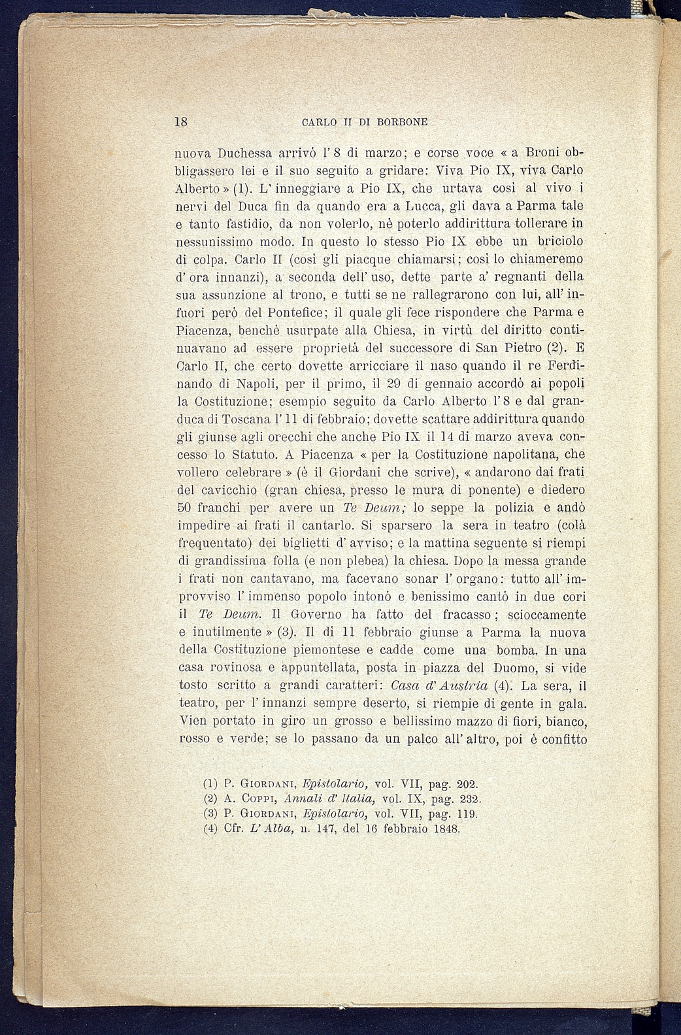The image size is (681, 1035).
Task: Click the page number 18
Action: click(x=181, y=122)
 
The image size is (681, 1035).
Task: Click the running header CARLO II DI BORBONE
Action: click(x=365, y=122)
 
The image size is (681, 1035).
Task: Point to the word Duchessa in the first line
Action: click(x=244, y=153)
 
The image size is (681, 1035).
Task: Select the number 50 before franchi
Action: click(x=185, y=508)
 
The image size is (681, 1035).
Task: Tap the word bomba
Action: click(x=516, y=650)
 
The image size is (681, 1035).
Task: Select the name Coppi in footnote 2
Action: click(x=257, y=798)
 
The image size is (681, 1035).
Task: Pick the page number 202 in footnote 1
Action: click(x=466, y=783)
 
